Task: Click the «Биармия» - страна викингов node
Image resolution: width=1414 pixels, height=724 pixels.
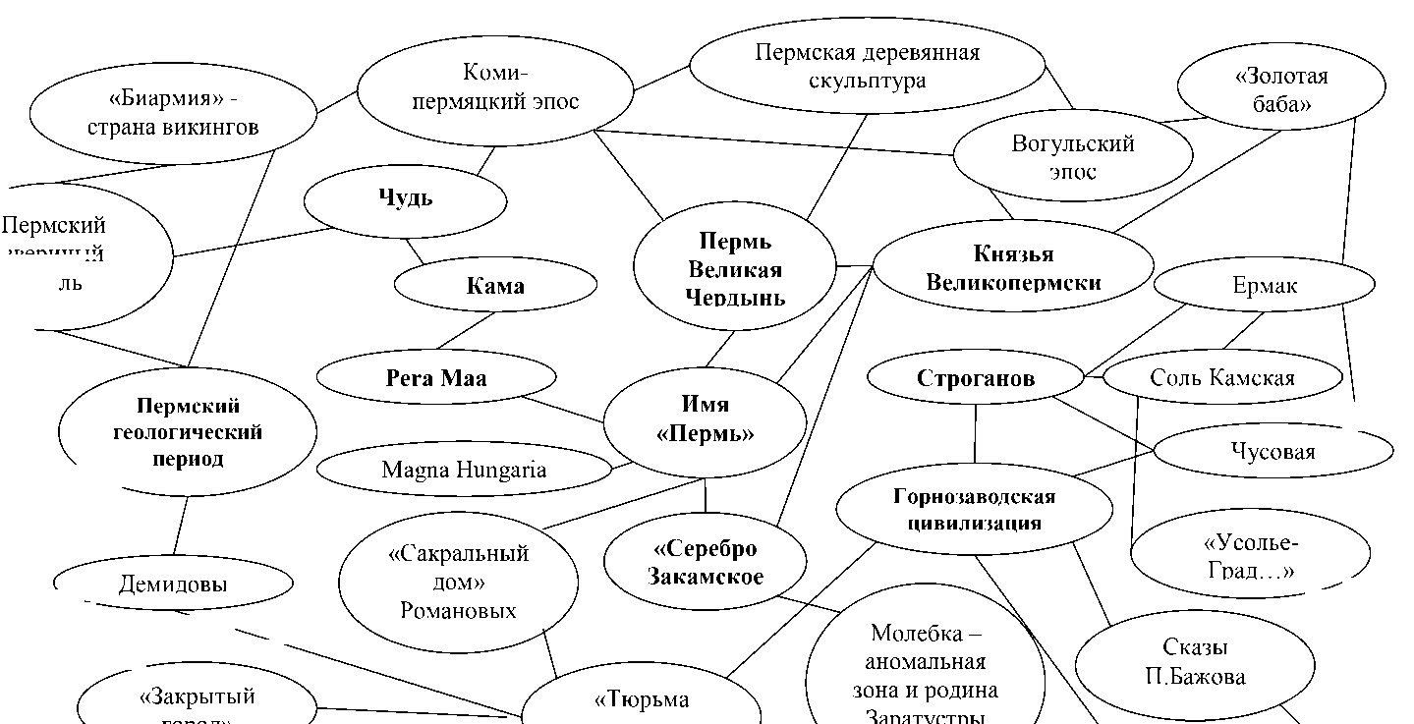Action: pos(172,113)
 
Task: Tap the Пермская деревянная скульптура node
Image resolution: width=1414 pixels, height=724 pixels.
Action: pos(867,65)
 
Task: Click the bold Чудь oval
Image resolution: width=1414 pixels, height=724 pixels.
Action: pos(405,198)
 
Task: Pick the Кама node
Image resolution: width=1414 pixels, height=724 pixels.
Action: pos(494,287)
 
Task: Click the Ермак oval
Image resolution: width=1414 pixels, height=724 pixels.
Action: pos(1264,286)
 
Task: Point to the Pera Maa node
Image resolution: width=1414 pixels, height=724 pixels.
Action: pos(435,378)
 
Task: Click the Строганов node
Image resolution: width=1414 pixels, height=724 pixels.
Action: pos(975,378)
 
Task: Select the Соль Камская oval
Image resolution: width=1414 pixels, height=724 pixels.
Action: pos(1221,378)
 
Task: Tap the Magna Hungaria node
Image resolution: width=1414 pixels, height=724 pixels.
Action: pos(464,470)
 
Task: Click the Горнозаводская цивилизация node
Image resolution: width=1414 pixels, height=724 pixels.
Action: pos(973,509)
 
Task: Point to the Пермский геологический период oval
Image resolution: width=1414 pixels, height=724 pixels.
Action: pos(187,432)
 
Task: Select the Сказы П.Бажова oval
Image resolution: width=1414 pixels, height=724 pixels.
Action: pos(1194,662)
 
